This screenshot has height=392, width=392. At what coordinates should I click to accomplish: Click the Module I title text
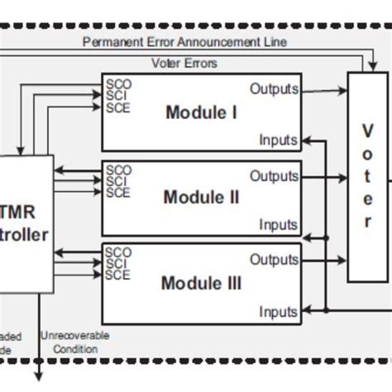tap(201, 112)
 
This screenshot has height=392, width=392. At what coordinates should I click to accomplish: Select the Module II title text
tap(201, 197)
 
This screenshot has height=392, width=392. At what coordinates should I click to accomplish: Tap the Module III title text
tap(201, 284)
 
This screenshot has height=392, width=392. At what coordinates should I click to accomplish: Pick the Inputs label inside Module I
tap(278, 140)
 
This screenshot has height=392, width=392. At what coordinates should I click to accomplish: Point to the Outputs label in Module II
tap(274, 175)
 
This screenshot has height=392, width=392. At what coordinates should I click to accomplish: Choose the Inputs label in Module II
tap(278, 224)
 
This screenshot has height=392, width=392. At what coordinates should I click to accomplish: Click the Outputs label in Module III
tap(274, 260)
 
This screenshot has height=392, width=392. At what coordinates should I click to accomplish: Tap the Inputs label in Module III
tap(278, 312)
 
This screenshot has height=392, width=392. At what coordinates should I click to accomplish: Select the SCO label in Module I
tap(118, 84)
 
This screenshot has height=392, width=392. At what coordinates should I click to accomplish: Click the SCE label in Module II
tap(118, 193)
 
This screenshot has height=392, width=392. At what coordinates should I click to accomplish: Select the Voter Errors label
tap(184, 62)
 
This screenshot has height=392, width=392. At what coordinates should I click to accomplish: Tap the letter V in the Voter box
tap(367, 131)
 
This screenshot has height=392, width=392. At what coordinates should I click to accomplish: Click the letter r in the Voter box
tap(367, 222)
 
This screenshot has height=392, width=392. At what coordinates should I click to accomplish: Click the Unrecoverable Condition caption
tap(81, 342)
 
